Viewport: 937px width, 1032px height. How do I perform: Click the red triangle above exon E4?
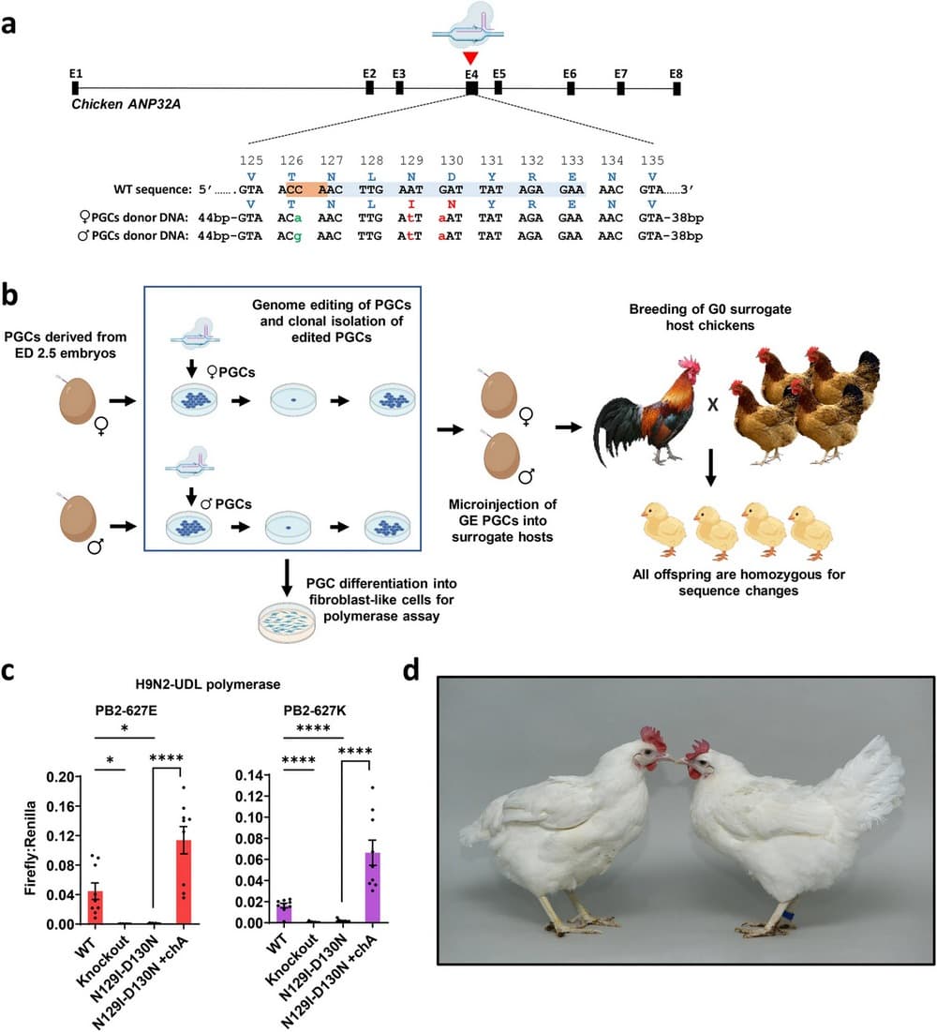click(x=470, y=57)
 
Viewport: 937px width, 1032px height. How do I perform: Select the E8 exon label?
click(x=677, y=72)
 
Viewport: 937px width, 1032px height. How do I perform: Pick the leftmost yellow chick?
click(x=662, y=528)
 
